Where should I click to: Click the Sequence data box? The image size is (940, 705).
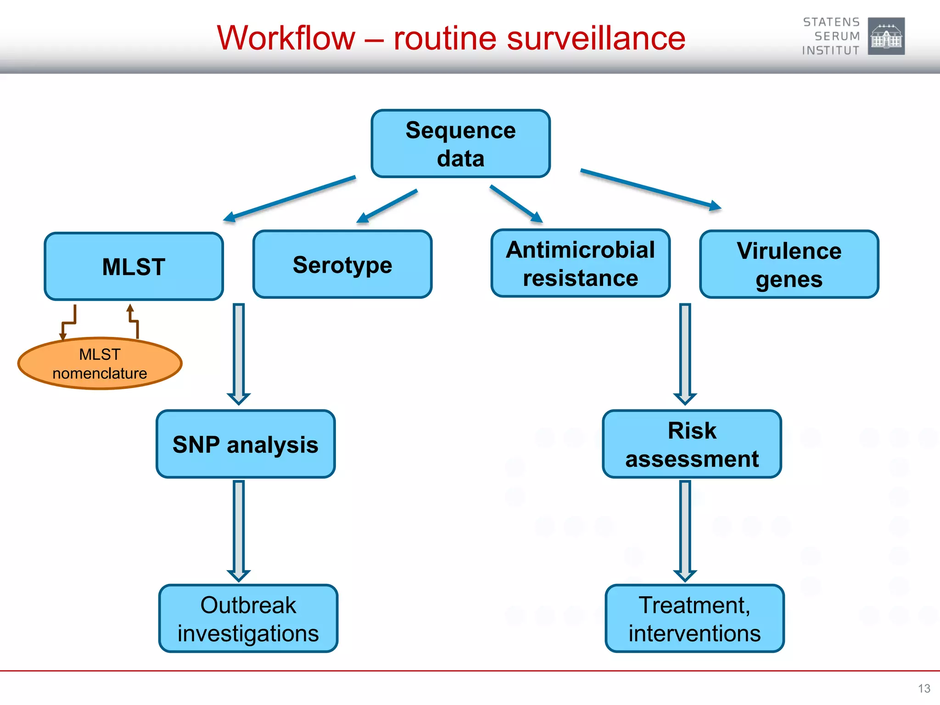[x=460, y=144]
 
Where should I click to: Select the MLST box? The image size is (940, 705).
[x=134, y=267]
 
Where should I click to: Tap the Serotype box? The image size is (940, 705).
[x=342, y=265]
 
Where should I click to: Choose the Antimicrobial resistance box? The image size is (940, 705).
[x=581, y=264]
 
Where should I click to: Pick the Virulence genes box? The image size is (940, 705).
[x=789, y=265]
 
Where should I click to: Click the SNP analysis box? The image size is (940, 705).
[x=246, y=444]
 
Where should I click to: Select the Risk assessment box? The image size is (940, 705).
[x=692, y=444]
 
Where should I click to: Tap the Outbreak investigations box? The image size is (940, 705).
[x=248, y=619]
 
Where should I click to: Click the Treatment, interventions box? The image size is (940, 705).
[x=694, y=619]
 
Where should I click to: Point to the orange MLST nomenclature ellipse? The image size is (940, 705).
[x=100, y=364]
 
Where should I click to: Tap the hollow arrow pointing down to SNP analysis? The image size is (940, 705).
[x=239, y=353]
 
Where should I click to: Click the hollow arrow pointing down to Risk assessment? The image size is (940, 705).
[x=685, y=353]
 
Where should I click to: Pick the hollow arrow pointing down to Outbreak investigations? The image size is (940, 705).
[x=239, y=530]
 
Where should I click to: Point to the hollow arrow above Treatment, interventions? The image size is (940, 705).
[x=685, y=530]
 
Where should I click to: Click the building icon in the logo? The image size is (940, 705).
[x=886, y=36]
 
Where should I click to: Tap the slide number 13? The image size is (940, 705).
[x=924, y=688]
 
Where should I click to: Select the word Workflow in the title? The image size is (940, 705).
[x=286, y=38]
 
